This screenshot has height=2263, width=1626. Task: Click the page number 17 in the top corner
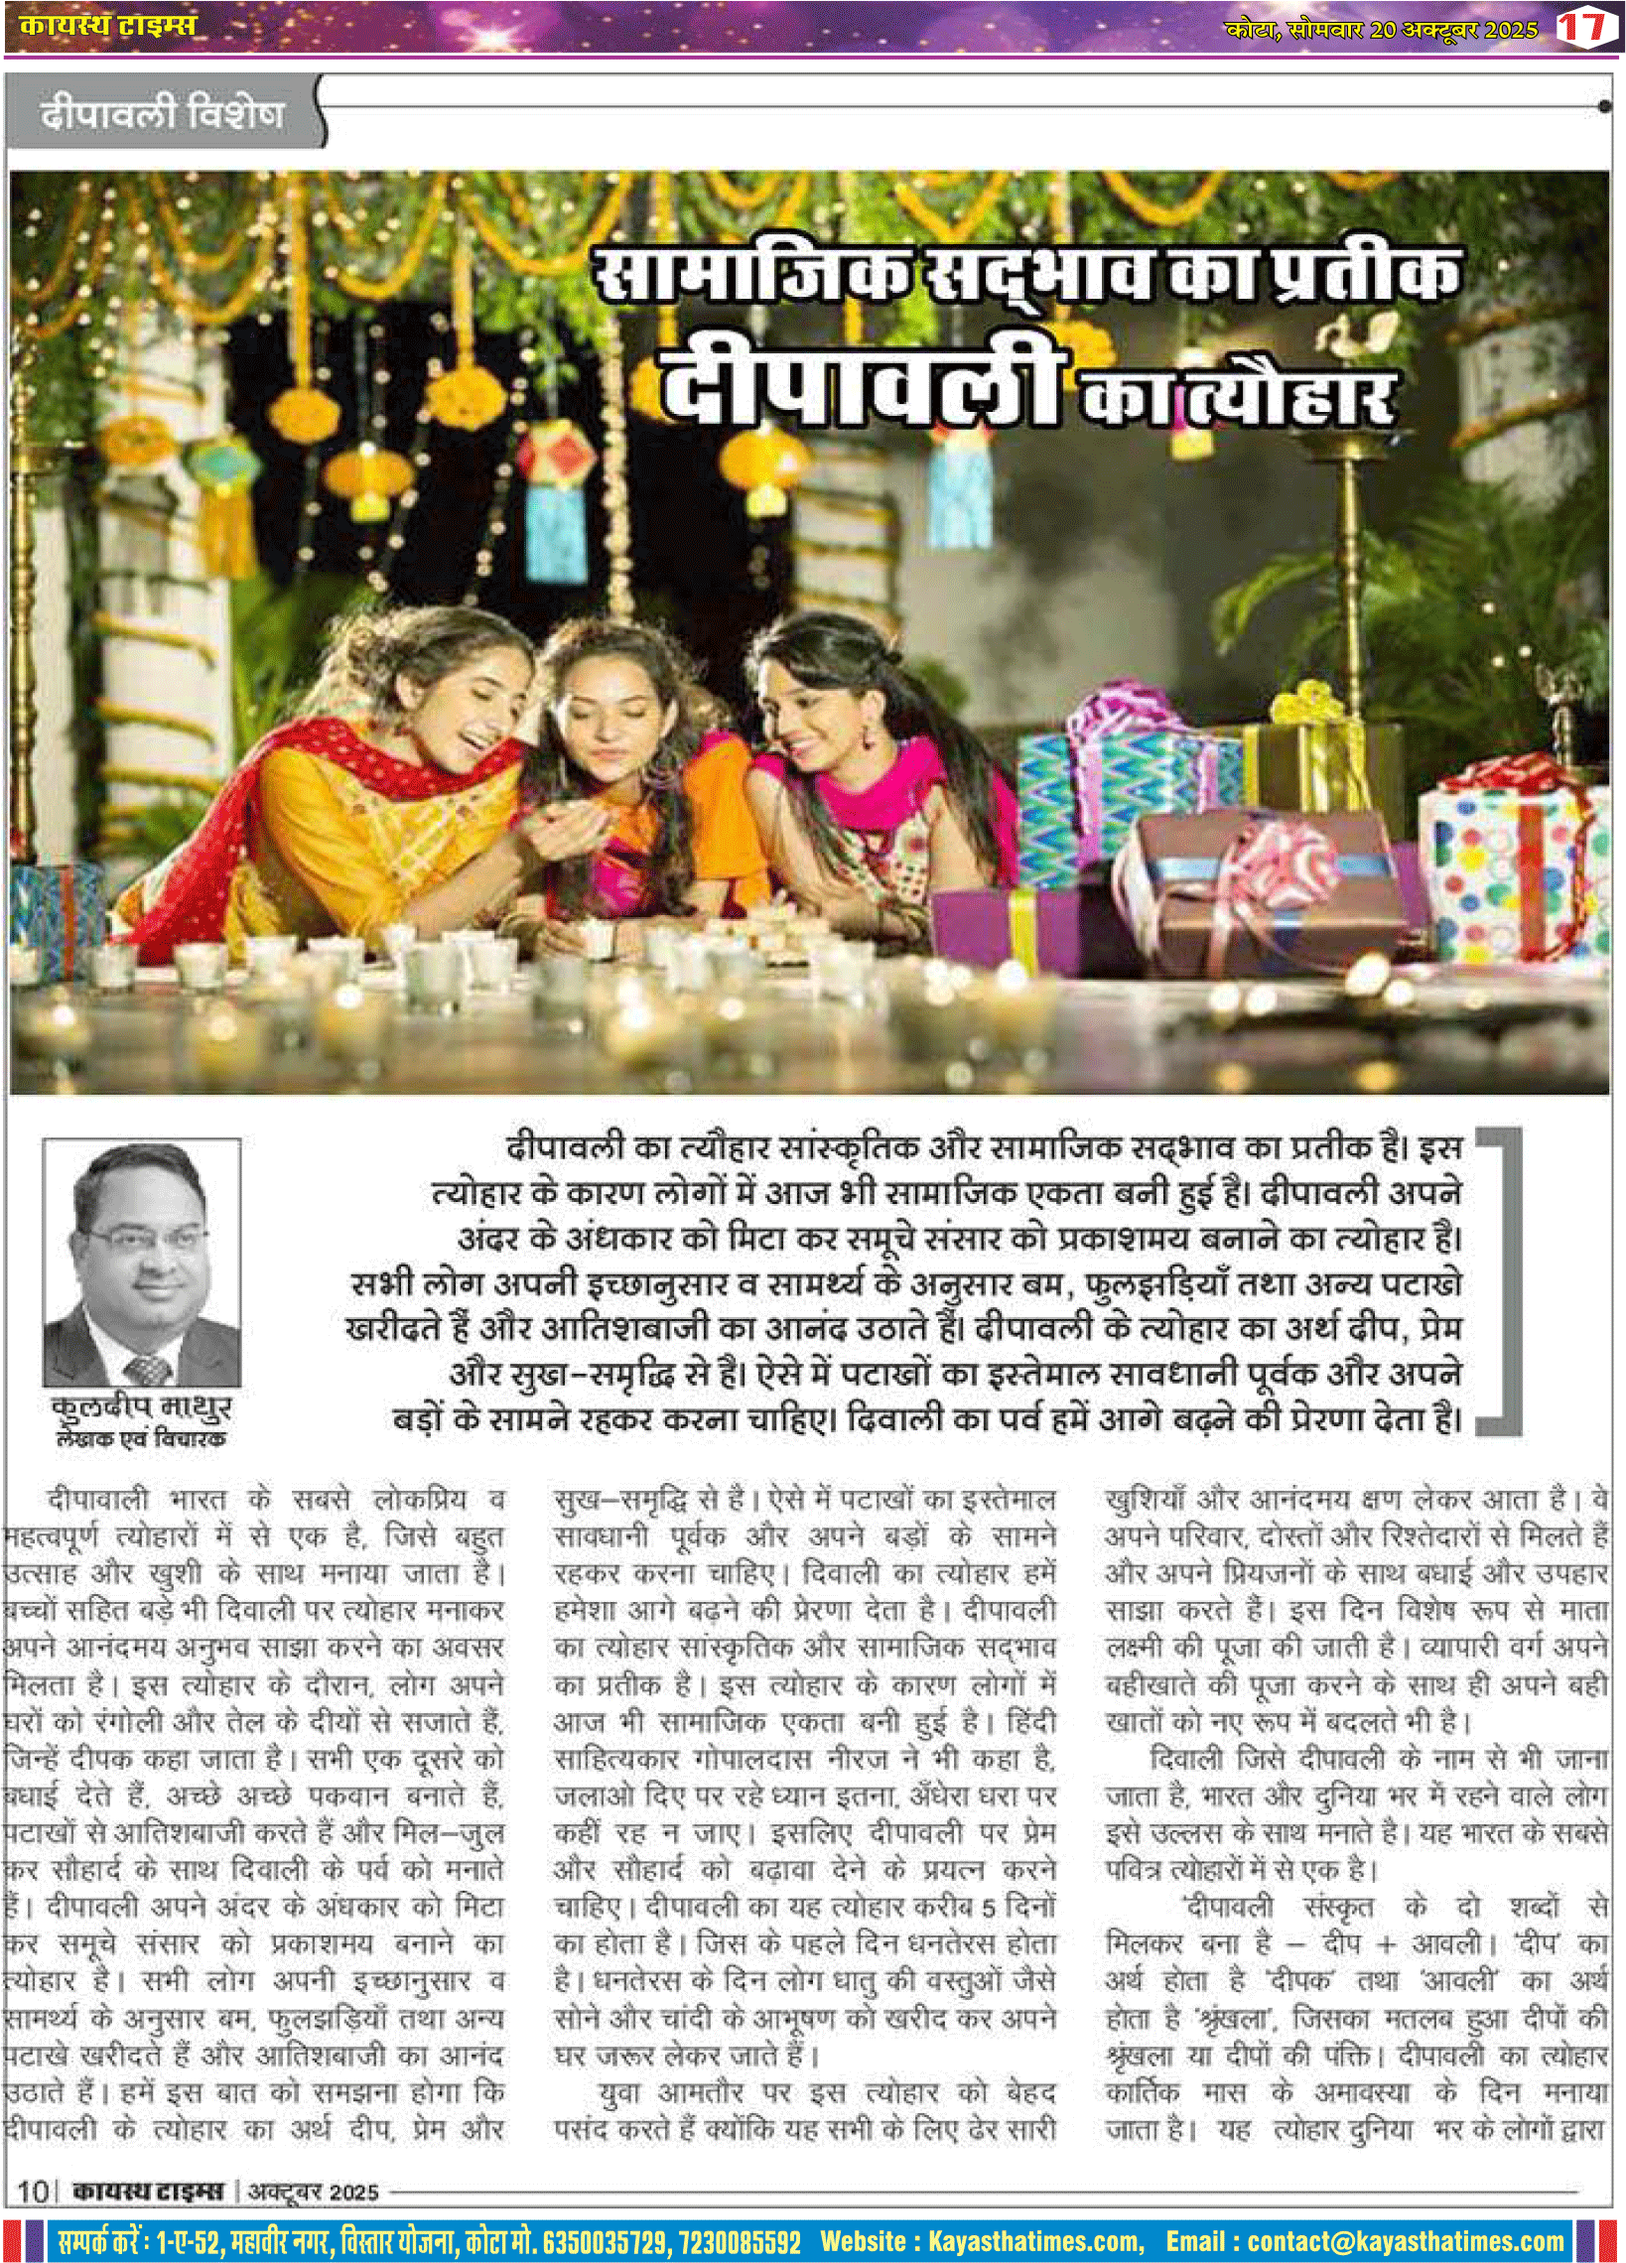tap(1584, 26)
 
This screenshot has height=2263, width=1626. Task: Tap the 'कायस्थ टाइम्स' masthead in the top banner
tap(108, 25)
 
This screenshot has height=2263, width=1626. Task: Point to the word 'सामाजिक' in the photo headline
tap(751, 273)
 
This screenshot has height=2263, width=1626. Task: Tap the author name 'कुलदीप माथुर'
tap(142, 1407)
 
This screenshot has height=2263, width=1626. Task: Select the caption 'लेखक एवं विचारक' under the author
tap(142, 1438)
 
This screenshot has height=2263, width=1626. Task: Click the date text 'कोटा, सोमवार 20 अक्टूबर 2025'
tap(1382, 29)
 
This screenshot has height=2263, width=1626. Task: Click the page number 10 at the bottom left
tap(33, 2191)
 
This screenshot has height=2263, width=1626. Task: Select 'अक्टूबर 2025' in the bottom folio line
tap(314, 2192)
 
